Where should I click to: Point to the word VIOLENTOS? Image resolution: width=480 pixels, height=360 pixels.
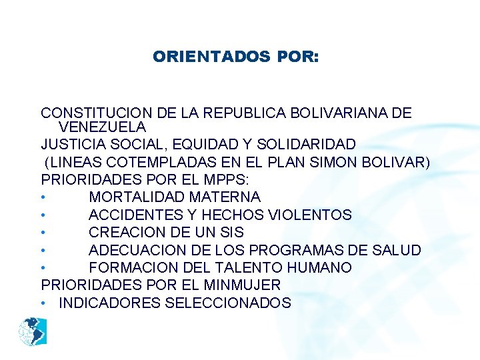click(x=309, y=215)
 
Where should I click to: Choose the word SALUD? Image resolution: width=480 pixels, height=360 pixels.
click(x=397, y=250)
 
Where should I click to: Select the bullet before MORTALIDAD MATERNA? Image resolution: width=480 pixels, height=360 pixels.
click(x=43, y=198)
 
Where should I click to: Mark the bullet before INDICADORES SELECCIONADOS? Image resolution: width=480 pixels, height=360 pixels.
click(x=43, y=303)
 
